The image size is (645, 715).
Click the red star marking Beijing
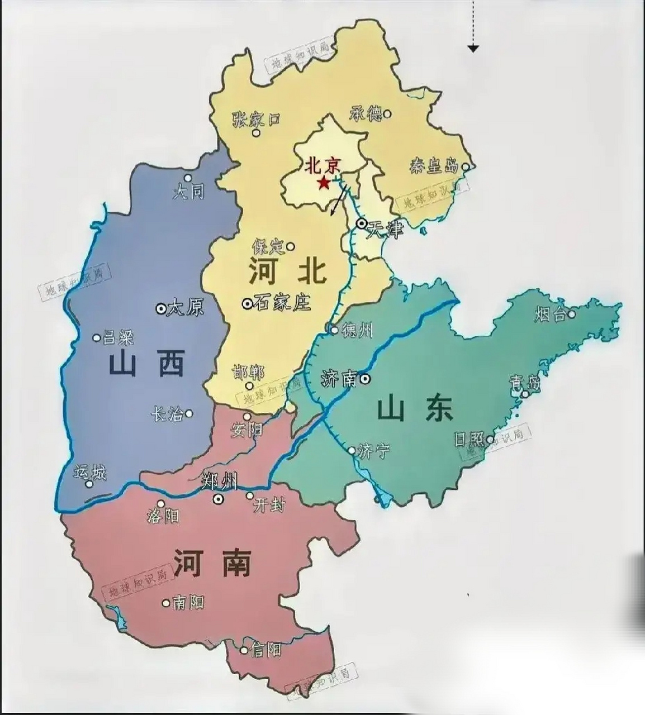[323, 183]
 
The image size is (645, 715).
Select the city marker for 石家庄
[247, 303]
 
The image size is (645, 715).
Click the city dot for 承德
[387, 114]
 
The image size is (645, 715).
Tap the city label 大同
[188, 192]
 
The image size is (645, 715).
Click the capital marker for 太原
[162, 308]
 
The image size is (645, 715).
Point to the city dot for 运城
[89, 484]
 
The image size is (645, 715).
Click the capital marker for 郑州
[218, 499]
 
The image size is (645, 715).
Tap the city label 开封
[269, 506]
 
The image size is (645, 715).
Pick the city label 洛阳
[163, 516]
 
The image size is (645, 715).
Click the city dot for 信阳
[244, 650]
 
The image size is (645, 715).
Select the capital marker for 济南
[365, 379]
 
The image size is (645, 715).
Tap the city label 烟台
[550, 314]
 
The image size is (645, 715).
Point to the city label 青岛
[525, 383]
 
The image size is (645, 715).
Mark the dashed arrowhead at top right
[473, 49]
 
